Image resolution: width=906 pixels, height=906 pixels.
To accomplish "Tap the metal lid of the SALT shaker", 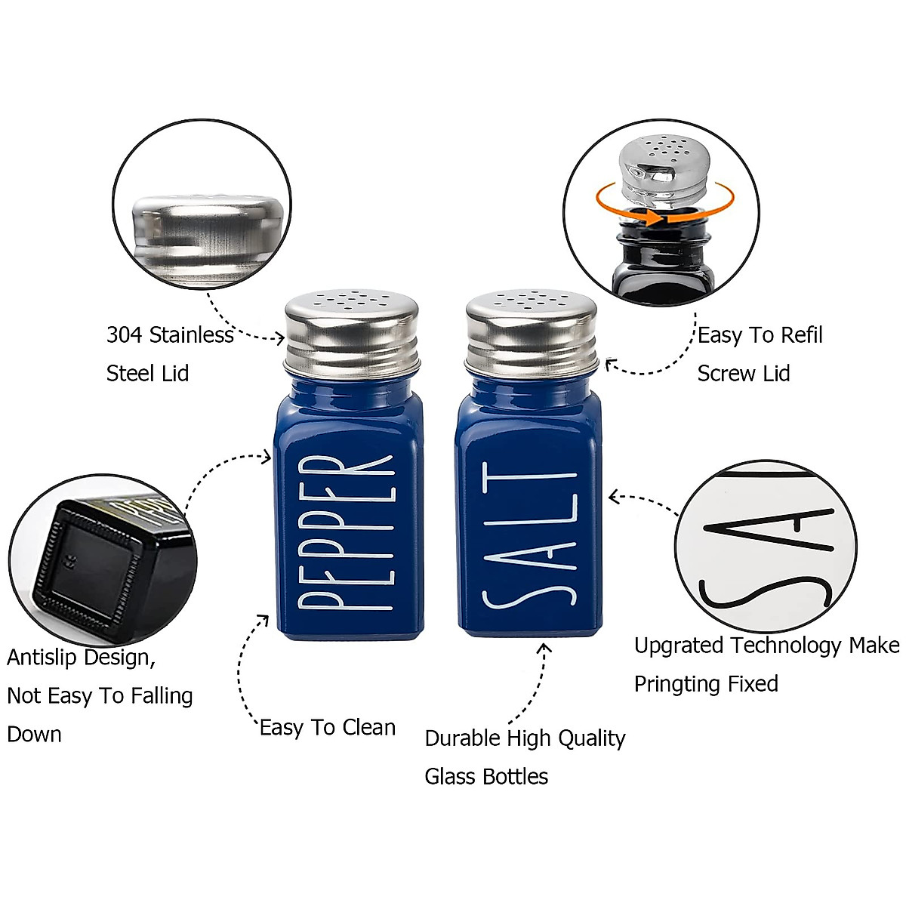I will tap(532, 332).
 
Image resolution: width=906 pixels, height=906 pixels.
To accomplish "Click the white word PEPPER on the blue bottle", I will tap(347, 532).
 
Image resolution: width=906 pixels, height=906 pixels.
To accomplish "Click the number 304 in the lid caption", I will tap(124, 334).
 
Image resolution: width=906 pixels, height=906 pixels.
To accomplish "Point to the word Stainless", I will tap(192, 334).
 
